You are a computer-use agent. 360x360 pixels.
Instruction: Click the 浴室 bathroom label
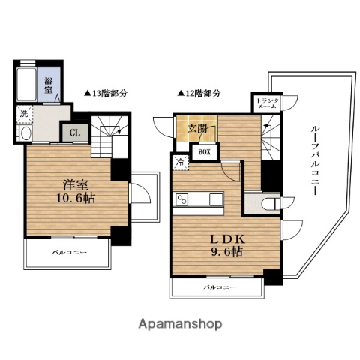(x=48, y=85)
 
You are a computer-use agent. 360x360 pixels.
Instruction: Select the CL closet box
(x=75, y=133)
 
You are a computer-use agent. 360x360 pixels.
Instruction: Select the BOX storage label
(x=204, y=151)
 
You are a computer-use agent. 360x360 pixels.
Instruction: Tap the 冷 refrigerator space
(x=180, y=161)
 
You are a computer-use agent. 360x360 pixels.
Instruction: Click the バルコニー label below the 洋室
(x=69, y=252)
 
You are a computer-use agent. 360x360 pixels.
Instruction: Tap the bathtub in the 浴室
(x=28, y=85)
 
